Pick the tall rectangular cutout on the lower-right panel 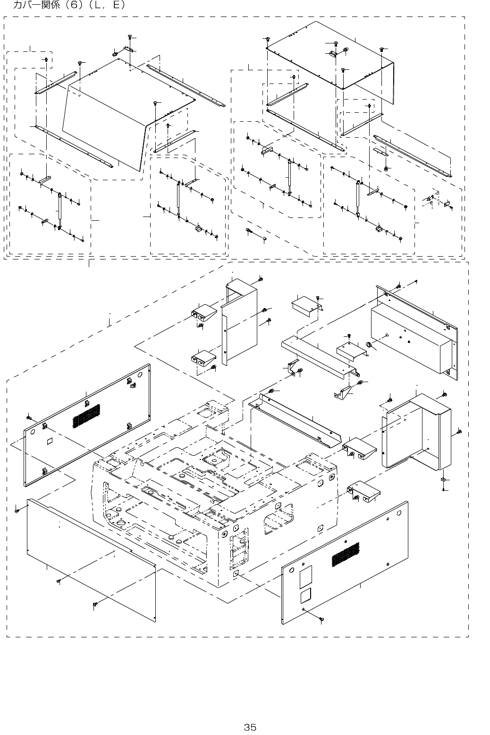pyautogui.click(x=305, y=576)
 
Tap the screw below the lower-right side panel pyautogui.click(x=321, y=618)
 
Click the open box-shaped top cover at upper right pyautogui.click(x=330, y=57)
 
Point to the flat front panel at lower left pyautogui.click(x=90, y=557)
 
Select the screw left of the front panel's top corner pyautogui.click(x=17, y=510)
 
